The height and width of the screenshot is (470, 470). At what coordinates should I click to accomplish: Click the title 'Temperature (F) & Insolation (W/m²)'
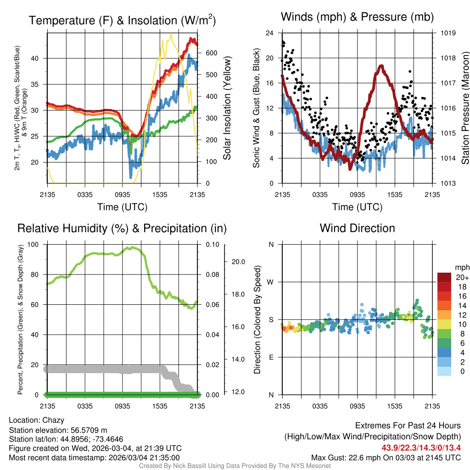click(x=122, y=20)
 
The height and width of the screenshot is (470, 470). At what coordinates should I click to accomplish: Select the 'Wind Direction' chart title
click(x=357, y=228)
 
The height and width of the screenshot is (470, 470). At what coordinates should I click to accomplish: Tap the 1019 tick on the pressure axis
click(x=448, y=33)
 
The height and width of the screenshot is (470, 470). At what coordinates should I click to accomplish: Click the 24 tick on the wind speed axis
click(x=269, y=33)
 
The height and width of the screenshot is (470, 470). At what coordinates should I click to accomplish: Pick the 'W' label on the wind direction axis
click(x=271, y=282)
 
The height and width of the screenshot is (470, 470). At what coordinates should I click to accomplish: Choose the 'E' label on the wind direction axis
click(x=271, y=357)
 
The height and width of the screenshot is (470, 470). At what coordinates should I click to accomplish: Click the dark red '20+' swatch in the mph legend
click(x=444, y=277)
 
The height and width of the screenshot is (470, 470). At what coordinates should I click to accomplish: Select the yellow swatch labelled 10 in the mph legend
click(x=444, y=324)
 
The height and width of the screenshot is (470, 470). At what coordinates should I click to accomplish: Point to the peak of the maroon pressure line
click(x=381, y=66)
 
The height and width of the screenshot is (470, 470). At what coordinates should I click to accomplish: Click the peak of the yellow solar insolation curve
click(x=171, y=34)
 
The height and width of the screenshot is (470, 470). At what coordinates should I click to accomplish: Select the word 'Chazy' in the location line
click(x=53, y=420)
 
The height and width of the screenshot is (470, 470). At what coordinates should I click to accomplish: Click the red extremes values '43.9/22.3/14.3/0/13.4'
click(x=420, y=447)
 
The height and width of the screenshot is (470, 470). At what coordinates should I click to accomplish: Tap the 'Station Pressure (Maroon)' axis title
click(x=464, y=108)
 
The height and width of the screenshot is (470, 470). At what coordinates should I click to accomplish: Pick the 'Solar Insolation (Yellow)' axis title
click(x=227, y=108)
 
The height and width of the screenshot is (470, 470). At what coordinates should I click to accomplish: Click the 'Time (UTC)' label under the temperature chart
click(x=122, y=207)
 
